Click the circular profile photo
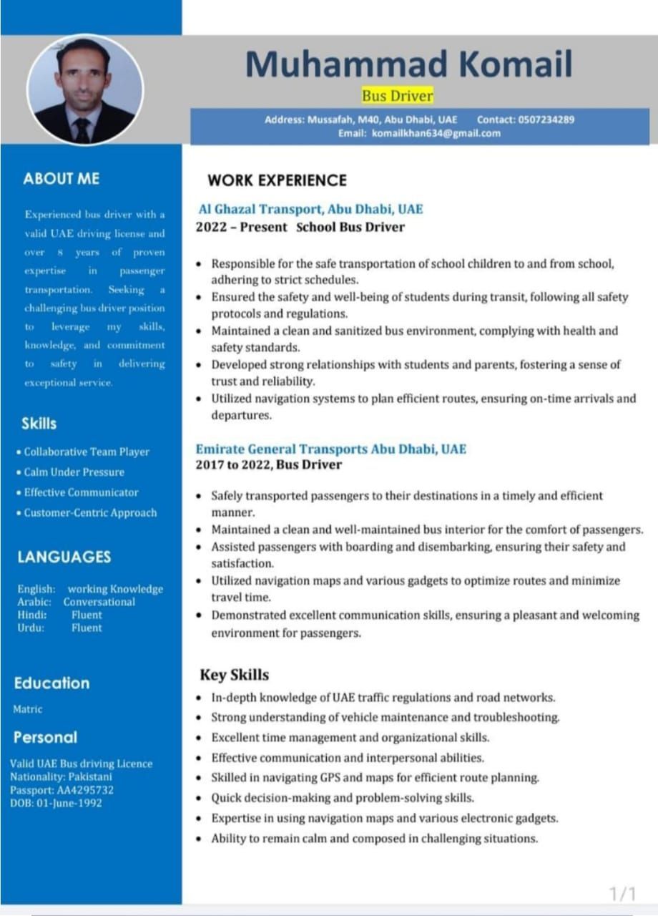(85, 90)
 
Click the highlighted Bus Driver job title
(397, 95)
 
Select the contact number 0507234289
(545, 120)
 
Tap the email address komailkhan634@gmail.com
(436, 133)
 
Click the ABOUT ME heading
(62, 179)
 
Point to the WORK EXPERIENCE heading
(277, 180)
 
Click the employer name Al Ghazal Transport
(260, 209)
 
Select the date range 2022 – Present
(241, 228)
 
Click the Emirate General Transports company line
(330, 449)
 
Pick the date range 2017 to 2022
(233, 465)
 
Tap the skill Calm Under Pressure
(74, 472)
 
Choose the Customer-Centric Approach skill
(90, 512)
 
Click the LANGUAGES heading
(64, 557)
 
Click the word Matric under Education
(28, 709)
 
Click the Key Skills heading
(234, 675)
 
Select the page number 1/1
(622, 893)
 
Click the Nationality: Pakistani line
(61, 776)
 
